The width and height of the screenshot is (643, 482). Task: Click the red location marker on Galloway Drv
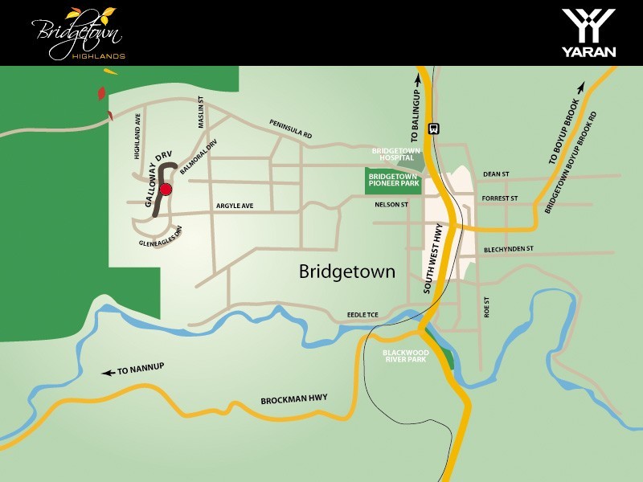[166, 190]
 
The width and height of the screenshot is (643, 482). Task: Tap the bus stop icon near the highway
[434, 128]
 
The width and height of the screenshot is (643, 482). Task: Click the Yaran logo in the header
[588, 32]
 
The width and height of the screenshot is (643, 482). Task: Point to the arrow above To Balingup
[418, 79]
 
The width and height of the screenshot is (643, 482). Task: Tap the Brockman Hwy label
[294, 399]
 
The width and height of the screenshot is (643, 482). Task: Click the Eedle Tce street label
[362, 317]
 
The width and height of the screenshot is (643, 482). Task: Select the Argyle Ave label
[235, 206]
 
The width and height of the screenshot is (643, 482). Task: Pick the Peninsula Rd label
[290, 130]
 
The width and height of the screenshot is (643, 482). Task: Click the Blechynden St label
[509, 249]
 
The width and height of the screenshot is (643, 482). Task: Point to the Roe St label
[487, 308]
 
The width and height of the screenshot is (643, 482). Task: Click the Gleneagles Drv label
[162, 239]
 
